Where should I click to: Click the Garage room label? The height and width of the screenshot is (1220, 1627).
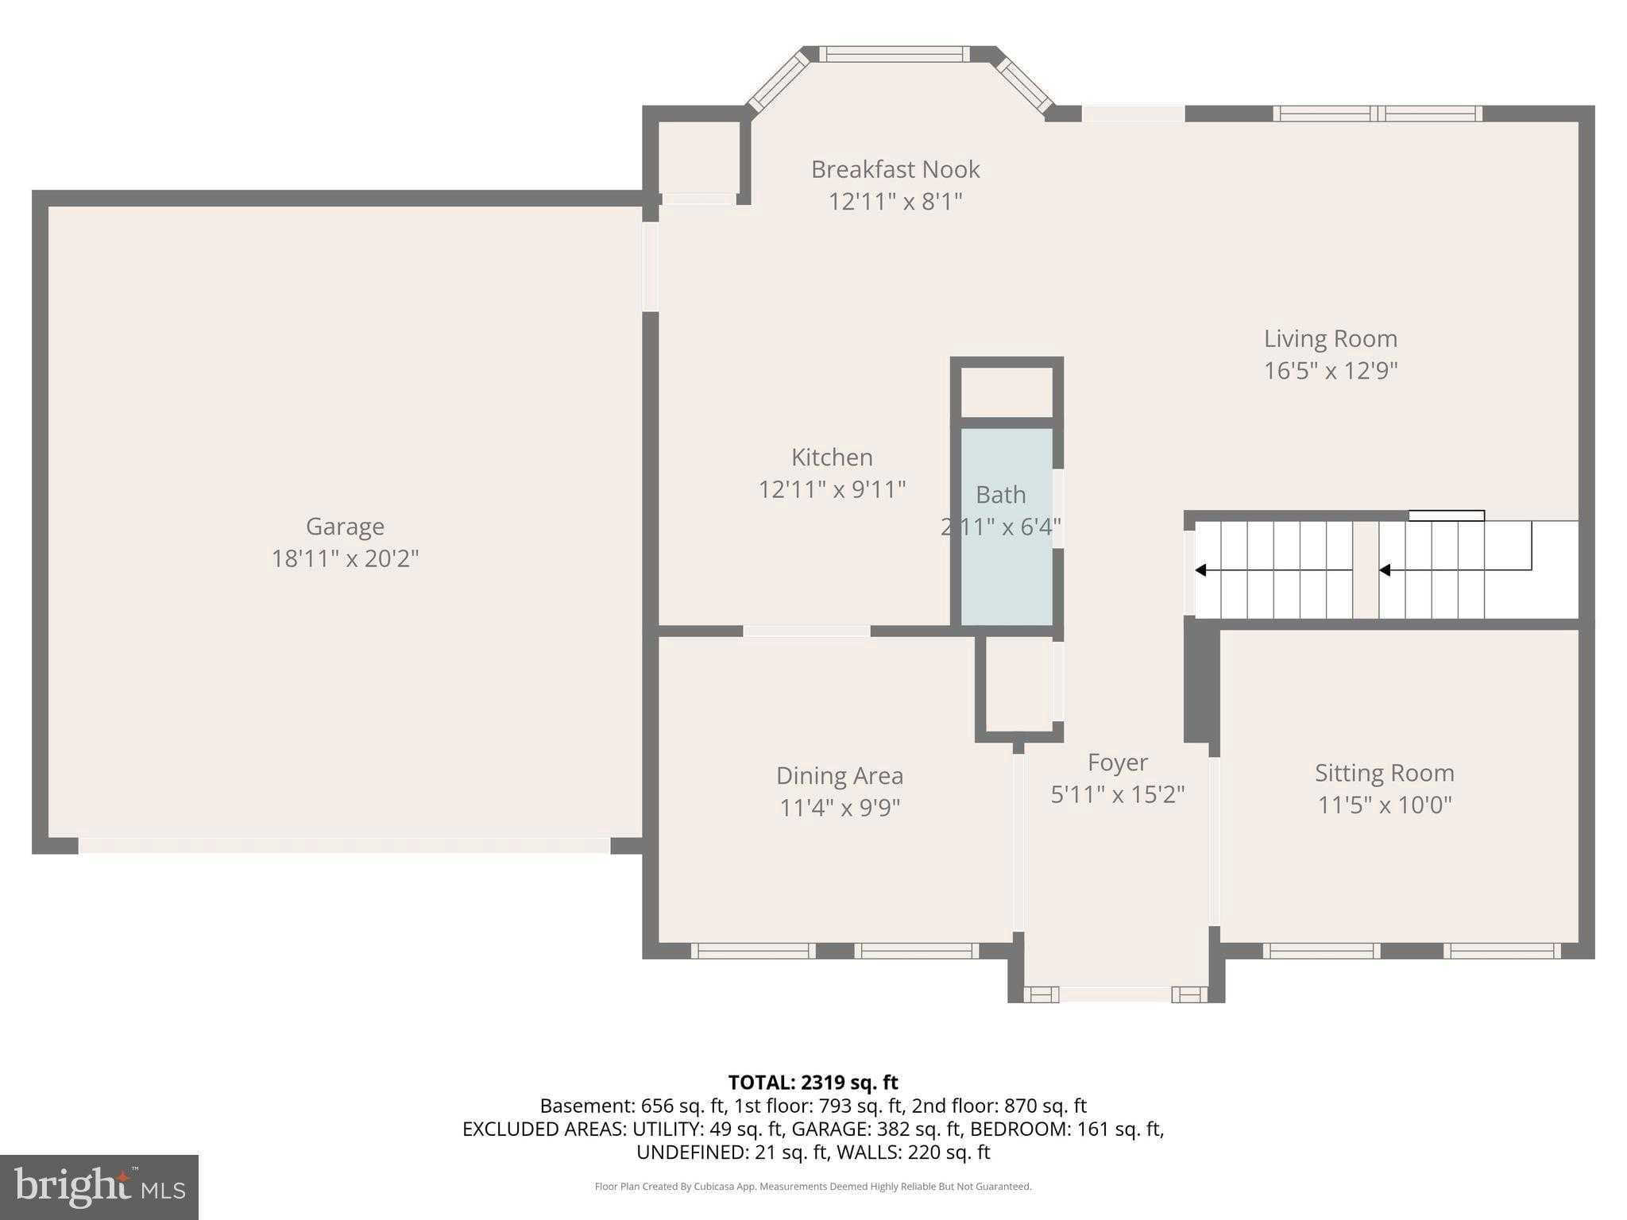[x=345, y=527]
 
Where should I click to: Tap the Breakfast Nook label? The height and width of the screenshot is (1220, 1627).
[x=895, y=169]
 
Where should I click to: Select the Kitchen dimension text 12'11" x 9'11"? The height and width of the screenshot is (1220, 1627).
[x=832, y=489]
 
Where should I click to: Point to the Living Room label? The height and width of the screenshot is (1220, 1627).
[x=1330, y=338]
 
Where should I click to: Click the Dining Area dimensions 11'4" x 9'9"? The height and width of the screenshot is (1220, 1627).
[x=839, y=808]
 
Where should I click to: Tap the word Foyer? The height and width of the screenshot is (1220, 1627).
[x=1117, y=762]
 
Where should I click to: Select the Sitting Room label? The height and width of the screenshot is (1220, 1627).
[x=1384, y=773]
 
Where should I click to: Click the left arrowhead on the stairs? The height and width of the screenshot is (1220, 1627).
[x=1200, y=570]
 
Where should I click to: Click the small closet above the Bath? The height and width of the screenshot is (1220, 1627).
[x=1007, y=392]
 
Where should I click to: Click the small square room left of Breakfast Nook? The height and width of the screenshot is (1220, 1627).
[x=699, y=156]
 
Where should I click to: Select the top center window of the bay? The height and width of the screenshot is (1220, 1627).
[x=895, y=54]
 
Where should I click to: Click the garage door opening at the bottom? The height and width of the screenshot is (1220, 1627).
[x=344, y=845]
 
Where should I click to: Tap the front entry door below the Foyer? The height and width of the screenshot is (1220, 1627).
[x=1115, y=994]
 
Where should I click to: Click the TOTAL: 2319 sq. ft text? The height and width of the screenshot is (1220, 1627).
[x=813, y=1082]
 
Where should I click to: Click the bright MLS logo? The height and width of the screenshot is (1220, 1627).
[x=99, y=1187]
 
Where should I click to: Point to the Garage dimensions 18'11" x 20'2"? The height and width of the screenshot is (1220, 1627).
[x=345, y=559]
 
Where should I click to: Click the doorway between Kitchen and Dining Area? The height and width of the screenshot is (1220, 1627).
[x=806, y=631]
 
